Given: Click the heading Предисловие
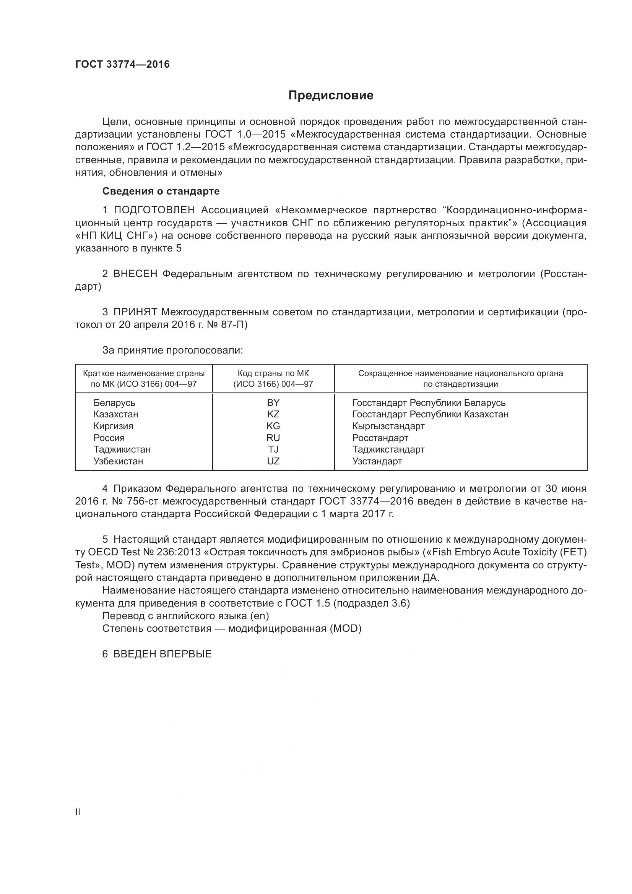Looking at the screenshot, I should (331, 96).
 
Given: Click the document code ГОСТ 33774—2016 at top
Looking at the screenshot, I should (122, 65).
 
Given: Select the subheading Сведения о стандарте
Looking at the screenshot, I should (161, 191).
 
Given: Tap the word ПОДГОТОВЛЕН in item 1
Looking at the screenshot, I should (154, 210).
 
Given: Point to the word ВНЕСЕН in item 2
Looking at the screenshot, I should (135, 274).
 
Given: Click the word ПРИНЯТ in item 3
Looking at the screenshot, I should (135, 312).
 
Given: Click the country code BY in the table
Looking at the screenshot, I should (273, 402).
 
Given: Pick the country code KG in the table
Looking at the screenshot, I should (273, 426).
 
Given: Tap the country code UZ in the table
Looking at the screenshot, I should (273, 461).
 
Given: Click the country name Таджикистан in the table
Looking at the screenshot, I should (122, 449).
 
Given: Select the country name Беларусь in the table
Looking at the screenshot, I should (114, 402).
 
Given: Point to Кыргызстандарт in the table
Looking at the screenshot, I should (388, 426).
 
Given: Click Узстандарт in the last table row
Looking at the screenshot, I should (377, 461).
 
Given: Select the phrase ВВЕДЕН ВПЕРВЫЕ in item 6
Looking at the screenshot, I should (162, 654).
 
